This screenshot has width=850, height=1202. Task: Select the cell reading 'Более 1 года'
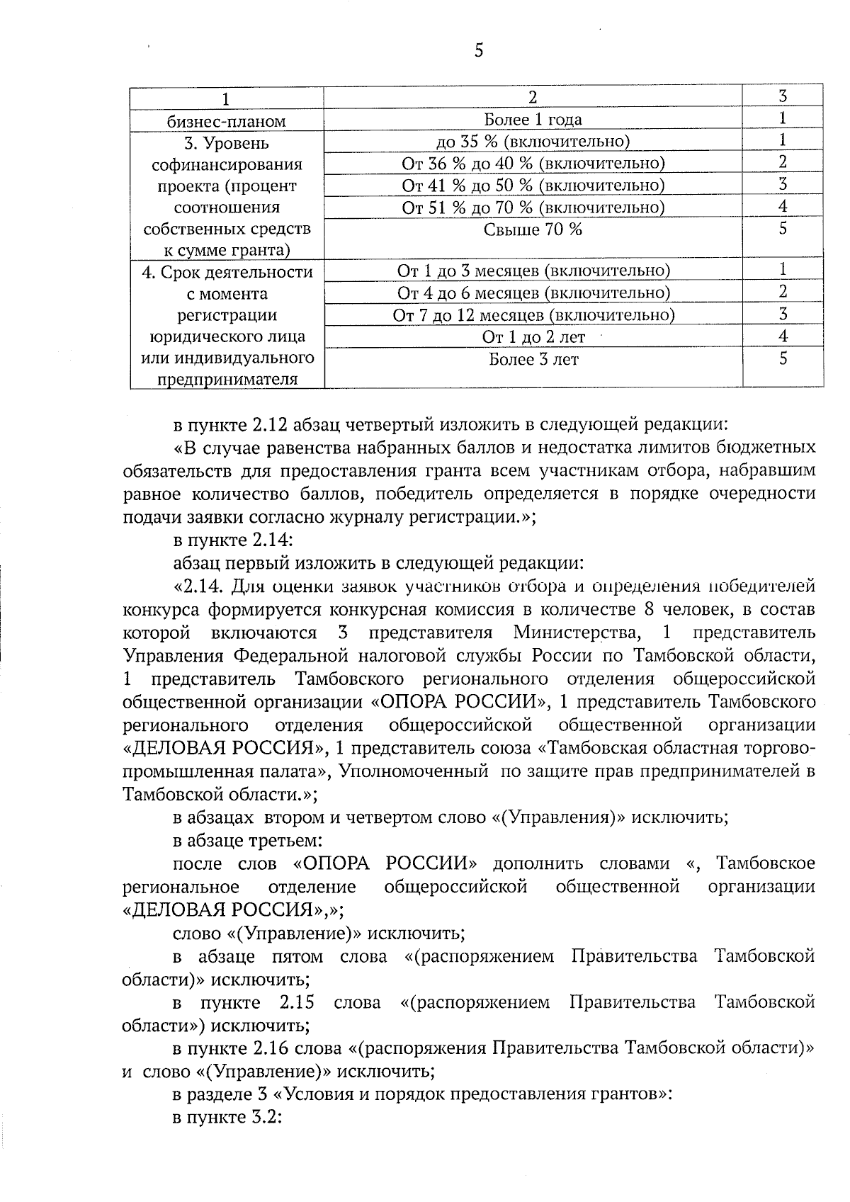533,120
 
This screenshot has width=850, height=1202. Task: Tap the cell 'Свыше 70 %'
533,229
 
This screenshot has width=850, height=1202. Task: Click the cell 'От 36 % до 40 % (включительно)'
533,164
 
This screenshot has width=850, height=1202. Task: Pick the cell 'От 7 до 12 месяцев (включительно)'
533,314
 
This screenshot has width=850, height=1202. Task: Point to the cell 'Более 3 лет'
533,359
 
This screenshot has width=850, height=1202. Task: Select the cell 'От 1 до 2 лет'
533,337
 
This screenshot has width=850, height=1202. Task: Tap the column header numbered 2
533,97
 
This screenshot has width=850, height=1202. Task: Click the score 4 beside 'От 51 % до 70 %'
782,207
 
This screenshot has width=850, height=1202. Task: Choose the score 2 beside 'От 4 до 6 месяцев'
782,292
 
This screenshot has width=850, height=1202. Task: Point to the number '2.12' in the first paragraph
268,425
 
